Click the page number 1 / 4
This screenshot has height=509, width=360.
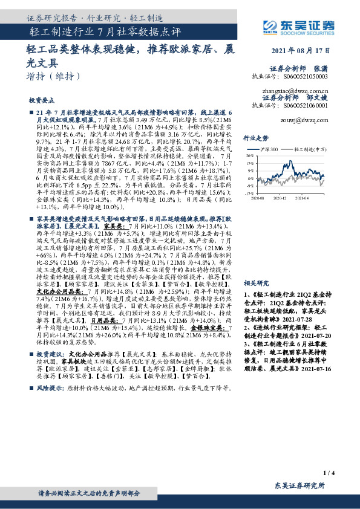tap(329, 473)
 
